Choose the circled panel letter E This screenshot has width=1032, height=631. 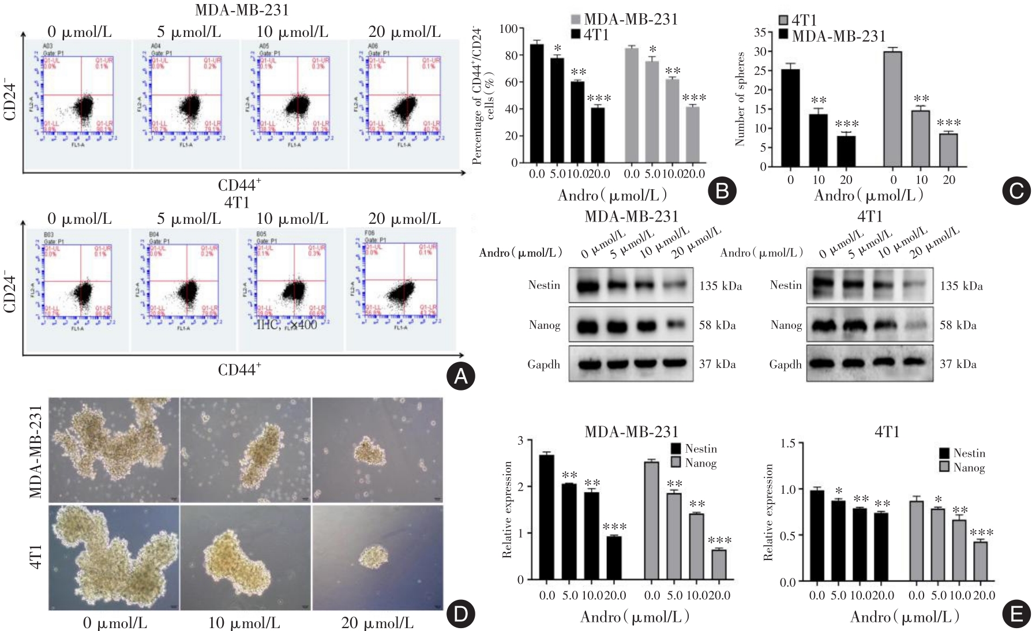coord(1016,614)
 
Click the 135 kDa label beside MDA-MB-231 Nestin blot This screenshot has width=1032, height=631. coord(720,286)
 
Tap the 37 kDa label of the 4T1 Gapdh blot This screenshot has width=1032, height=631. coord(958,364)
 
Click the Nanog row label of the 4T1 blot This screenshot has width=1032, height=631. coord(786,325)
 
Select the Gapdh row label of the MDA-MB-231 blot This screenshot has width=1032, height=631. coord(543,365)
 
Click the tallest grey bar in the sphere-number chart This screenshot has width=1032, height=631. coord(892,108)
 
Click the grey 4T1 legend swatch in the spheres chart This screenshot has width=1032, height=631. coord(783,20)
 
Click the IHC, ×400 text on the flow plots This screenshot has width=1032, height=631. coord(287,325)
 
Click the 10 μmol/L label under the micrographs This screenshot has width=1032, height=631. coord(244,623)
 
